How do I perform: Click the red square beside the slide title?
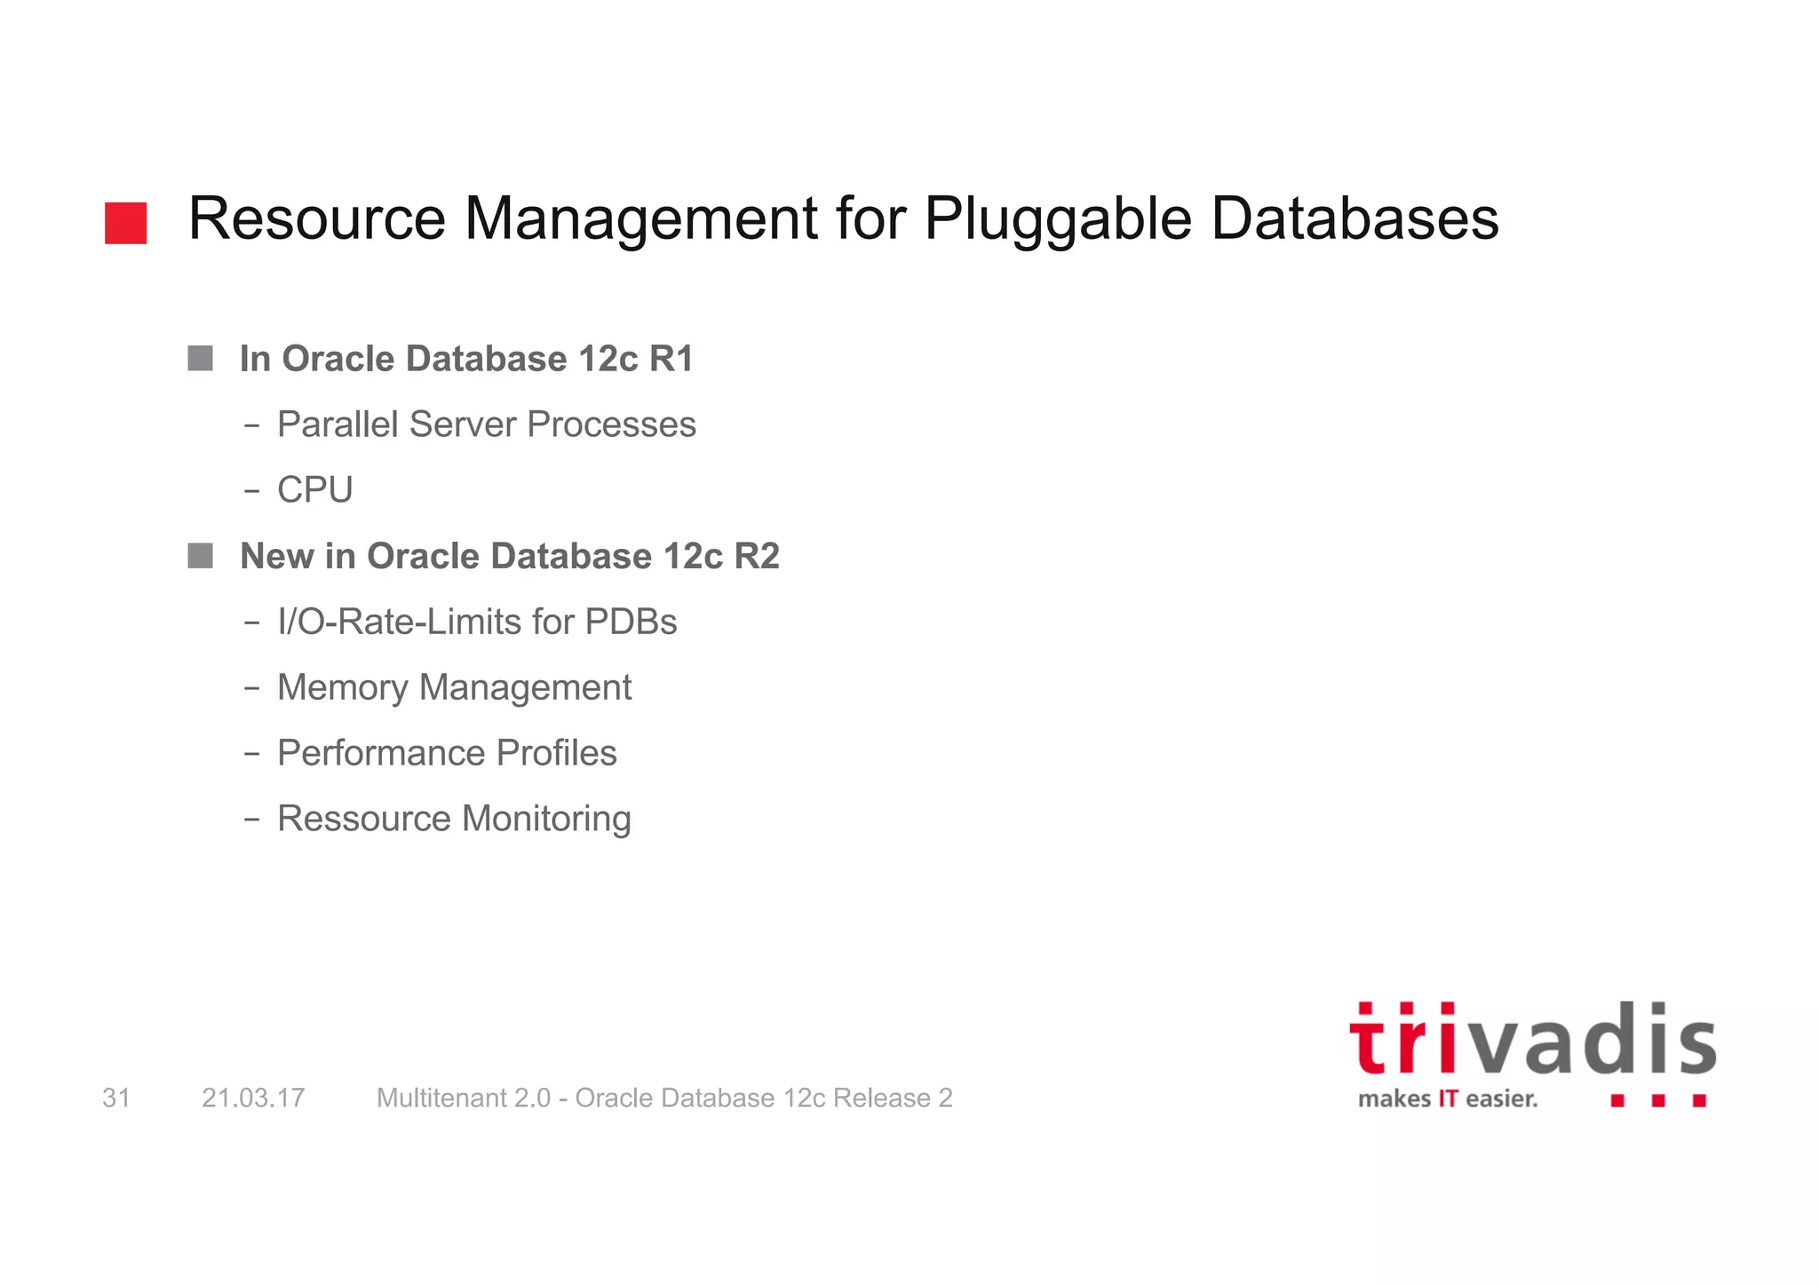pos(125,223)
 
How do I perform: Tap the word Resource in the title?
pos(317,218)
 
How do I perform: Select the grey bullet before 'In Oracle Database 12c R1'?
pos(200,359)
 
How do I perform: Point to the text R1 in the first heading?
pos(671,359)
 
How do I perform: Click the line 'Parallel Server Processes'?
pos(486,424)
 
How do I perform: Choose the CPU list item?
pos(314,490)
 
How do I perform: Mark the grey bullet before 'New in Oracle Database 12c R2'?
pos(200,556)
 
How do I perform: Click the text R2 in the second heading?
pos(757,556)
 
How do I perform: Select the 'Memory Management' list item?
pos(454,687)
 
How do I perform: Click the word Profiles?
pos(556,753)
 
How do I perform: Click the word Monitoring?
pos(546,819)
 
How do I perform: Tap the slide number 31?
pos(116,1099)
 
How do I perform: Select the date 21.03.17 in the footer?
pos(253,1099)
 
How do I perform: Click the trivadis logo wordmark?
pos(1532,1040)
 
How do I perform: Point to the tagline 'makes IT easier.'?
pos(1448,1099)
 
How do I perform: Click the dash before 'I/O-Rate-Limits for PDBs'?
pos(252,623)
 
